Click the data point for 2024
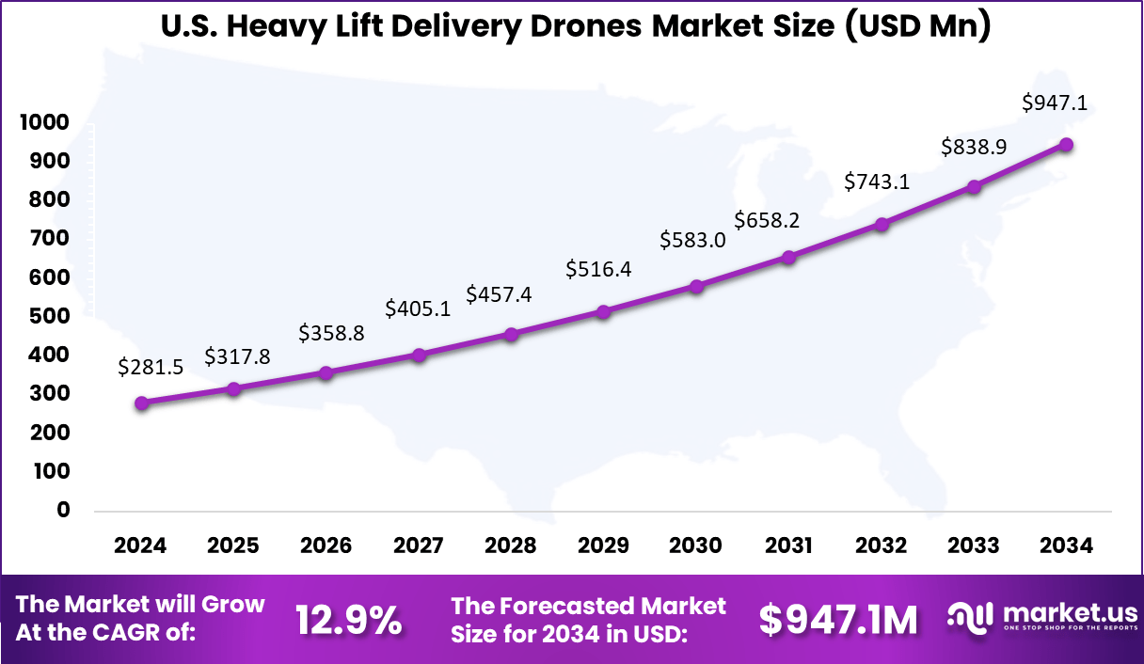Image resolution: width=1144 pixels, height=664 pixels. click(x=141, y=403)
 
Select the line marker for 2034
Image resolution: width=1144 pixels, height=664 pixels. click(x=1067, y=145)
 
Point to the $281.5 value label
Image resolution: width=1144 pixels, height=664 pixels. click(x=150, y=368)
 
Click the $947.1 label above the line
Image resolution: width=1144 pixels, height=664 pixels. click(x=1055, y=103)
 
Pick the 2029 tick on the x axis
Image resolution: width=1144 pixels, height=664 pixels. click(x=603, y=546)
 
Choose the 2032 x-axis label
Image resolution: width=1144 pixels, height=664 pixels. click(x=882, y=546)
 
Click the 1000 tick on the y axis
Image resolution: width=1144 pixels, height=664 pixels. click(x=41, y=123)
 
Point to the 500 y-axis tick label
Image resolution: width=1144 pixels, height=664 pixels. click(x=49, y=316)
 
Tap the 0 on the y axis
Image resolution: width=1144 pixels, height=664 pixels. click(x=64, y=510)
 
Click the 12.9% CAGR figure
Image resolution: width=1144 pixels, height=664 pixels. click(x=349, y=620)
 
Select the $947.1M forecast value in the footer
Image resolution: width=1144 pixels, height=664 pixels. click(x=838, y=620)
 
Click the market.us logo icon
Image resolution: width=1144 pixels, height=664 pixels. click(x=969, y=617)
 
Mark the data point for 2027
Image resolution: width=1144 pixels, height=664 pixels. click(x=420, y=356)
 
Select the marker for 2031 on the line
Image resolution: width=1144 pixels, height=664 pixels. click(x=789, y=257)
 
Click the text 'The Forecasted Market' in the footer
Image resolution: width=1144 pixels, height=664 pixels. click(x=588, y=606)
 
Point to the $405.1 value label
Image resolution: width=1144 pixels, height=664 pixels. click(x=417, y=308)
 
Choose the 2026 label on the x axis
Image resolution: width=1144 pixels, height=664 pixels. click(x=326, y=546)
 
